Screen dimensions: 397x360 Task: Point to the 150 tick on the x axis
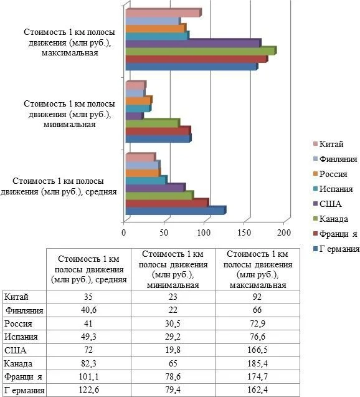(245, 232)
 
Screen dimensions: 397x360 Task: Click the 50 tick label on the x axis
(164, 232)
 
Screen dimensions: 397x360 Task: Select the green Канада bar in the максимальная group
(199, 50)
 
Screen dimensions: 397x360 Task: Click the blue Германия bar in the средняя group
(174, 211)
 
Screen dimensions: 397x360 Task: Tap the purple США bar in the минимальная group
(134, 116)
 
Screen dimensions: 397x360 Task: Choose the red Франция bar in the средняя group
(166, 203)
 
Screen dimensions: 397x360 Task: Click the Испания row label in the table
(21, 337)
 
